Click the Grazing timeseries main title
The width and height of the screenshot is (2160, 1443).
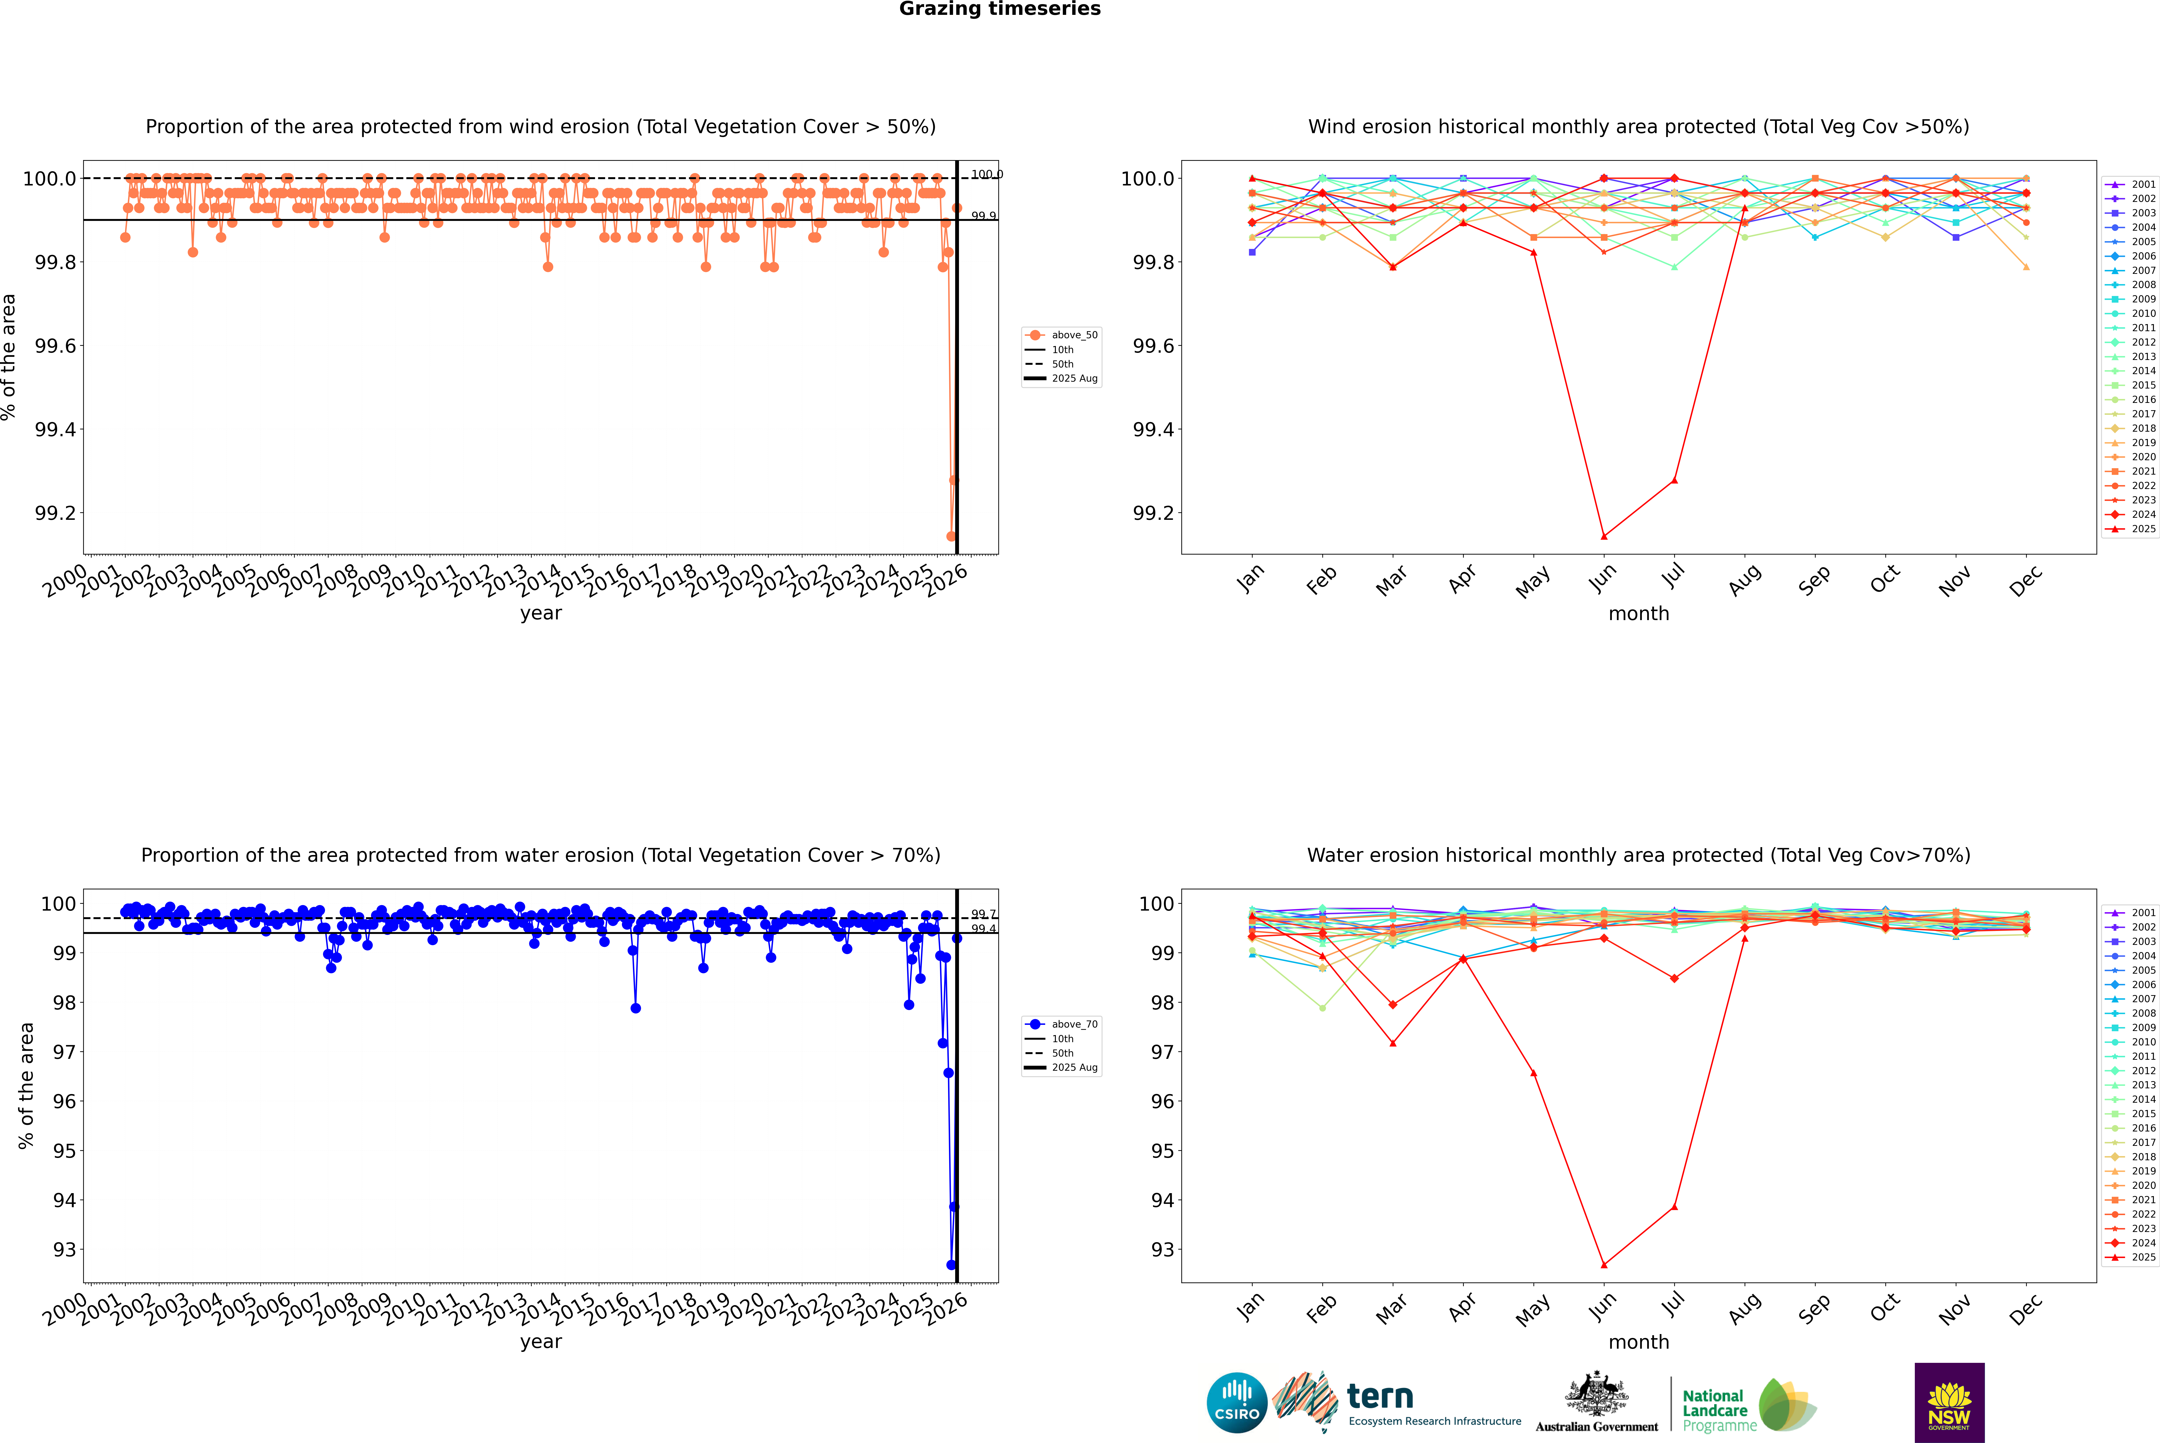coord(1000,9)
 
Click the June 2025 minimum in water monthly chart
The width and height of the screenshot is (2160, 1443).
coord(1604,1264)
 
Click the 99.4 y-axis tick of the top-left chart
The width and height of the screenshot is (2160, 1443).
coord(55,430)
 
